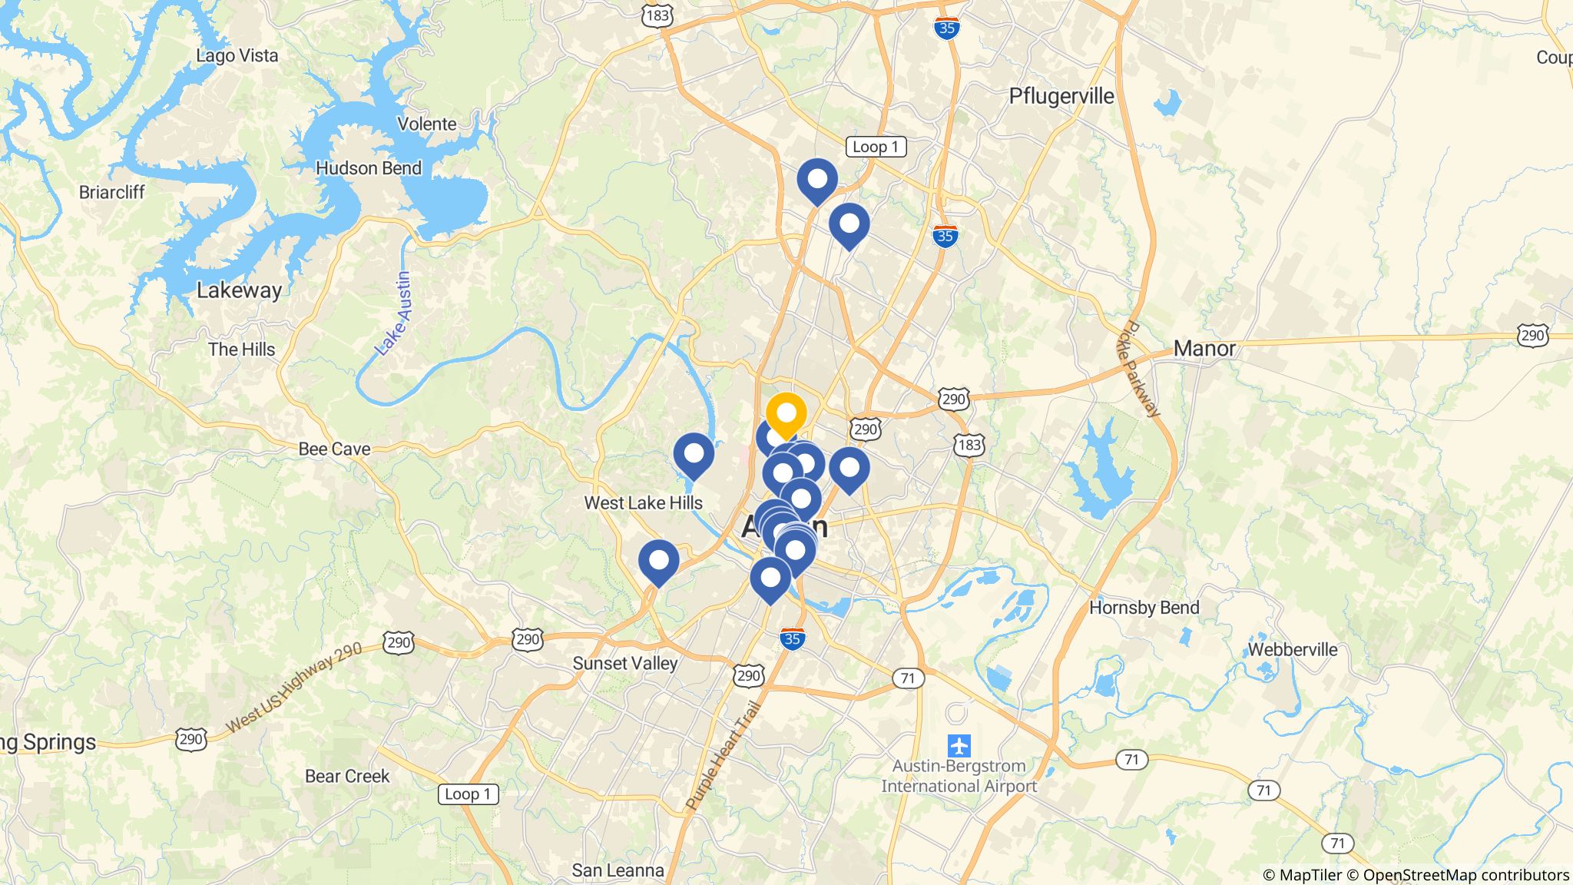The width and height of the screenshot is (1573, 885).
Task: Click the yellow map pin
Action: [x=786, y=414]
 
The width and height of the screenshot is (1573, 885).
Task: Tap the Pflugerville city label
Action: [x=1061, y=96]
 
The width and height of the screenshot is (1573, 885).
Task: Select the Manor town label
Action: [x=1204, y=349]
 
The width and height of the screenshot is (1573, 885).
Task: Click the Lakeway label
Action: [x=239, y=290]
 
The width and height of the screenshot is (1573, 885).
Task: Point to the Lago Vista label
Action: [x=237, y=55]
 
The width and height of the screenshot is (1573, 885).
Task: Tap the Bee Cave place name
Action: [x=334, y=449]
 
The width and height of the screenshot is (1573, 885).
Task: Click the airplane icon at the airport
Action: [x=959, y=745]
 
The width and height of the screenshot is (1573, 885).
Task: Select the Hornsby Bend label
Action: [x=1144, y=608]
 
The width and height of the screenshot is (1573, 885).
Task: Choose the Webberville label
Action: [x=1292, y=650]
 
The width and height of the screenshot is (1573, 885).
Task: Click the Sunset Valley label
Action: [x=624, y=664]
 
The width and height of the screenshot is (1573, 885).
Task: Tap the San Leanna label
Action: [x=618, y=870]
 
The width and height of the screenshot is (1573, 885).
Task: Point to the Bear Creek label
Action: [x=347, y=776]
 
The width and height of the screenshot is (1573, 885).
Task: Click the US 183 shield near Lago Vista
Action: [x=658, y=15]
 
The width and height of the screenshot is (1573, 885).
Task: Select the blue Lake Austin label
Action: [x=393, y=313]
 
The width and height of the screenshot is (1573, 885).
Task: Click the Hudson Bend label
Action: [x=369, y=168]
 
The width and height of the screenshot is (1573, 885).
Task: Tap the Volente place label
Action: [x=426, y=124]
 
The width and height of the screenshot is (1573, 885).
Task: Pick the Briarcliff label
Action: [x=111, y=192]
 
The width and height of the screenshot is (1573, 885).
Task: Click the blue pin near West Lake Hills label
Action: [x=693, y=454]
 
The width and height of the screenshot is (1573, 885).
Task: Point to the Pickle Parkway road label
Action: [x=1138, y=369]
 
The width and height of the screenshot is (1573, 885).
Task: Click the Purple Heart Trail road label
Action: [x=723, y=756]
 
